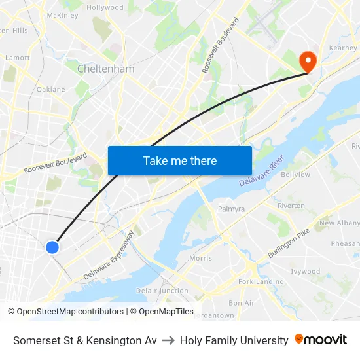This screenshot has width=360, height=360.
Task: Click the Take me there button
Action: click(x=180, y=160)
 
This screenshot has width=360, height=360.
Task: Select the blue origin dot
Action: click(x=52, y=247)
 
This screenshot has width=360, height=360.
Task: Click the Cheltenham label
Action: click(x=105, y=69)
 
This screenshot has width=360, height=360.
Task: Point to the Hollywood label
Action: click(x=105, y=8)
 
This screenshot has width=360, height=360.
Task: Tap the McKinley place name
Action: click(x=63, y=15)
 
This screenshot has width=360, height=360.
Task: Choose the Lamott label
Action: click(x=18, y=58)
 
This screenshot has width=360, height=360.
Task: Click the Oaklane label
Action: click(x=51, y=89)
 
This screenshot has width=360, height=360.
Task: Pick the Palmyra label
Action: click(x=231, y=209)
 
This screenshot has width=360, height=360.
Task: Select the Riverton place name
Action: click(x=291, y=206)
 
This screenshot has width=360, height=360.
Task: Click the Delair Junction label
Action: click(x=162, y=291)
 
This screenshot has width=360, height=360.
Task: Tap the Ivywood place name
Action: click(x=305, y=271)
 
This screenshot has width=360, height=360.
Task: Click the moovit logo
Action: click(x=321, y=340)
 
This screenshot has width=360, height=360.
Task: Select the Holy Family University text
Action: click(x=234, y=340)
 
